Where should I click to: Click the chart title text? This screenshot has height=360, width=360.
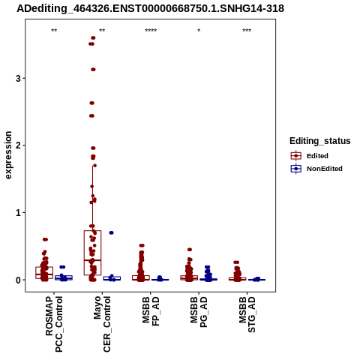[x=150, y=9]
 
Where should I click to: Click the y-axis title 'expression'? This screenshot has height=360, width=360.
[x=8, y=155]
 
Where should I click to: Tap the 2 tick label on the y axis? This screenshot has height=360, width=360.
[x=18, y=145]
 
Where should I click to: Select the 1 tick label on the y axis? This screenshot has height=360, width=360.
[x=18, y=213]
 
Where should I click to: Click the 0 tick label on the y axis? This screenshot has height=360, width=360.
[x=18, y=280]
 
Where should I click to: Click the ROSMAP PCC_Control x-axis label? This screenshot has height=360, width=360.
[x=54, y=324]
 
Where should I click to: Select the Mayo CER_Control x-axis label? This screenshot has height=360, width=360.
[x=102, y=324]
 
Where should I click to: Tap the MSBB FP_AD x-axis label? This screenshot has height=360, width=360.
[x=151, y=311]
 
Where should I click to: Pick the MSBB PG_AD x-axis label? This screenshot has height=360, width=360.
[x=199, y=312]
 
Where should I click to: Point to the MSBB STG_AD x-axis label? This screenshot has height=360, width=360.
[x=247, y=314]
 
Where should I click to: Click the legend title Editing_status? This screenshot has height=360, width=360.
[x=320, y=141]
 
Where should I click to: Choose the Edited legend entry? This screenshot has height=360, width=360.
[x=310, y=156]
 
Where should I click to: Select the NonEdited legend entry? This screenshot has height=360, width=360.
[x=316, y=169]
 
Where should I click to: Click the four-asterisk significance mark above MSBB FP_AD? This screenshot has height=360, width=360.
[x=151, y=31]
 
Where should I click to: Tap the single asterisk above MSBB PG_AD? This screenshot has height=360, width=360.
[x=199, y=31]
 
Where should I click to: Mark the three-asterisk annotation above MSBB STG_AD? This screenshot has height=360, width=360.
[x=247, y=31]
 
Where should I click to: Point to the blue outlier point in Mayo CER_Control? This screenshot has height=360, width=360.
[x=111, y=232]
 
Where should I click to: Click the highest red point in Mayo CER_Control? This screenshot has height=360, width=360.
[x=93, y=38]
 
